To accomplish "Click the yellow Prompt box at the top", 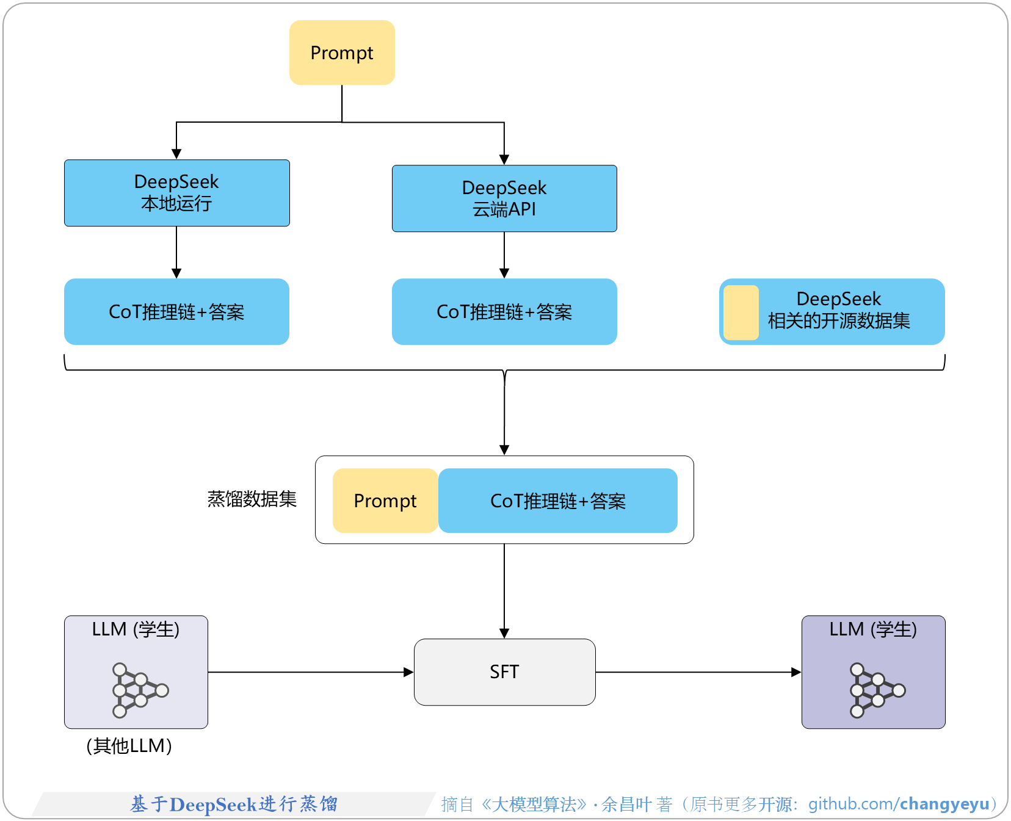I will (342, 52).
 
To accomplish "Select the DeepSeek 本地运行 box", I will (176, 193).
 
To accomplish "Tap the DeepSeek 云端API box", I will (504, 198).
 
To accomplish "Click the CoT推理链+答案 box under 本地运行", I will (176, 312).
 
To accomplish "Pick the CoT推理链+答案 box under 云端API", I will (504, 312).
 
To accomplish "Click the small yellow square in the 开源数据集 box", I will (741, 313).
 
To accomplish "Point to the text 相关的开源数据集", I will (838, 321).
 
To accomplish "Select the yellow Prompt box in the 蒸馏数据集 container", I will (385, 501).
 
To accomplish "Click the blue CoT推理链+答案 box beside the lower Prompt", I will (557, 501).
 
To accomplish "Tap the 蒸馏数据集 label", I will (252, 499).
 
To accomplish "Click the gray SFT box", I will (504, 672).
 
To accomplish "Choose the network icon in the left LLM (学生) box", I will (139, 690).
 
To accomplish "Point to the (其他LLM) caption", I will (129, 746).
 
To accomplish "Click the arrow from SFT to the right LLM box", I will (697, 672).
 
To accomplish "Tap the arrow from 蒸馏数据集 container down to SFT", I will (504, 590).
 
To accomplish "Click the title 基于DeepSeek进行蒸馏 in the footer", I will (234, 805).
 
